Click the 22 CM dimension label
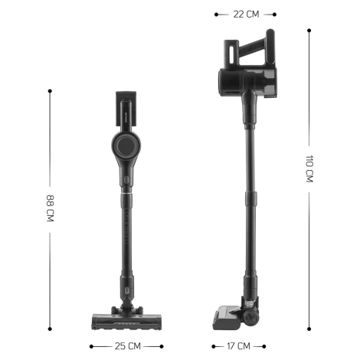pyautogui.click(x=246, y=15)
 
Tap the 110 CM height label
pyautogui.click(x=309, y=169)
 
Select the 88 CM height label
pyautogui.click(x=50, y=208)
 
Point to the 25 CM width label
pyautogui.click(x=128, y=346)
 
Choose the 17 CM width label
pyautogui.click(x=238, y=346)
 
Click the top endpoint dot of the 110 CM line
pyautogui.click(x=309, y=31)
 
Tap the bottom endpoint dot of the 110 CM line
pyautogui.click(x=309, y=329)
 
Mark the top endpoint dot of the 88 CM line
pyautogui.click(x=50, y=91)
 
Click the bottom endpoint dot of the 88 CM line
pyautogui.click(x=50, y=329)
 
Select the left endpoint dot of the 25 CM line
pyautogui.click(x=91, y=346)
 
